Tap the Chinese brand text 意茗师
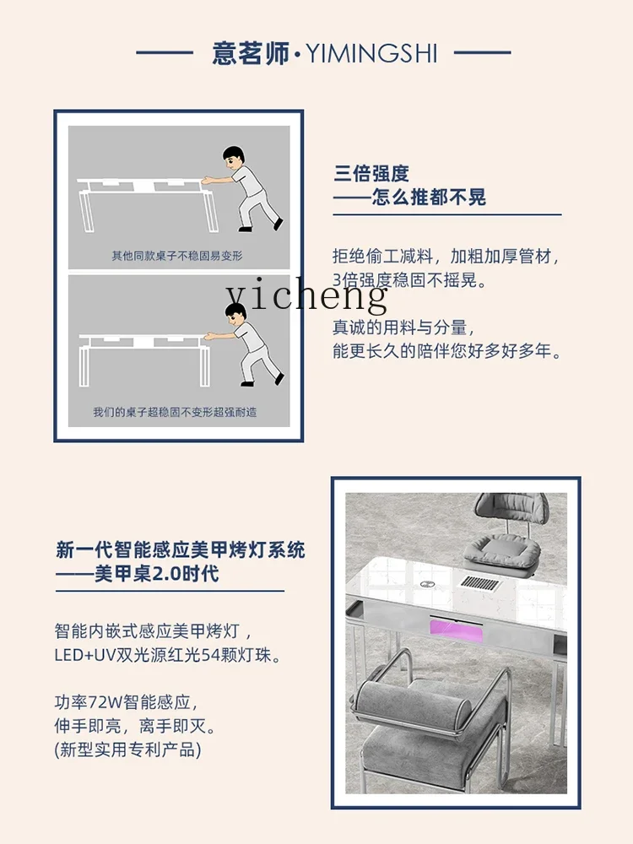[251, 54]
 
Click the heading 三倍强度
[371, 173]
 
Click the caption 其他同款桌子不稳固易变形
[176, 255]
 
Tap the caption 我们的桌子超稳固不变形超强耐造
[175, 412]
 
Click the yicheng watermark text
[306, 295]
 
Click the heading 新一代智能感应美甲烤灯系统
[181, 550]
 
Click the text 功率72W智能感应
[127, 701]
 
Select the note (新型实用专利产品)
[128, 749]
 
